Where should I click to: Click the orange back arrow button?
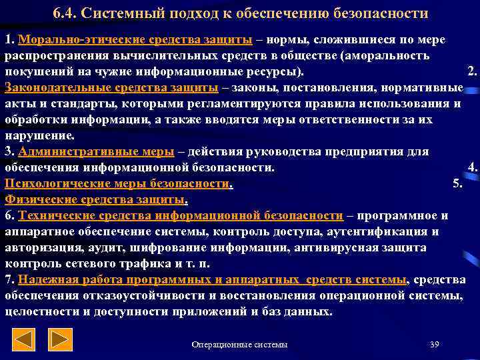coord(25,341)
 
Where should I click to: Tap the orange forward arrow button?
coord(62,341)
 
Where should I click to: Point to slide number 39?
coord(435,344)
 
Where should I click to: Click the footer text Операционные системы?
coord(239,344)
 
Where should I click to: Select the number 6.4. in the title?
coord(65,14)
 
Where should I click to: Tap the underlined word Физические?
coord(40,199)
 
